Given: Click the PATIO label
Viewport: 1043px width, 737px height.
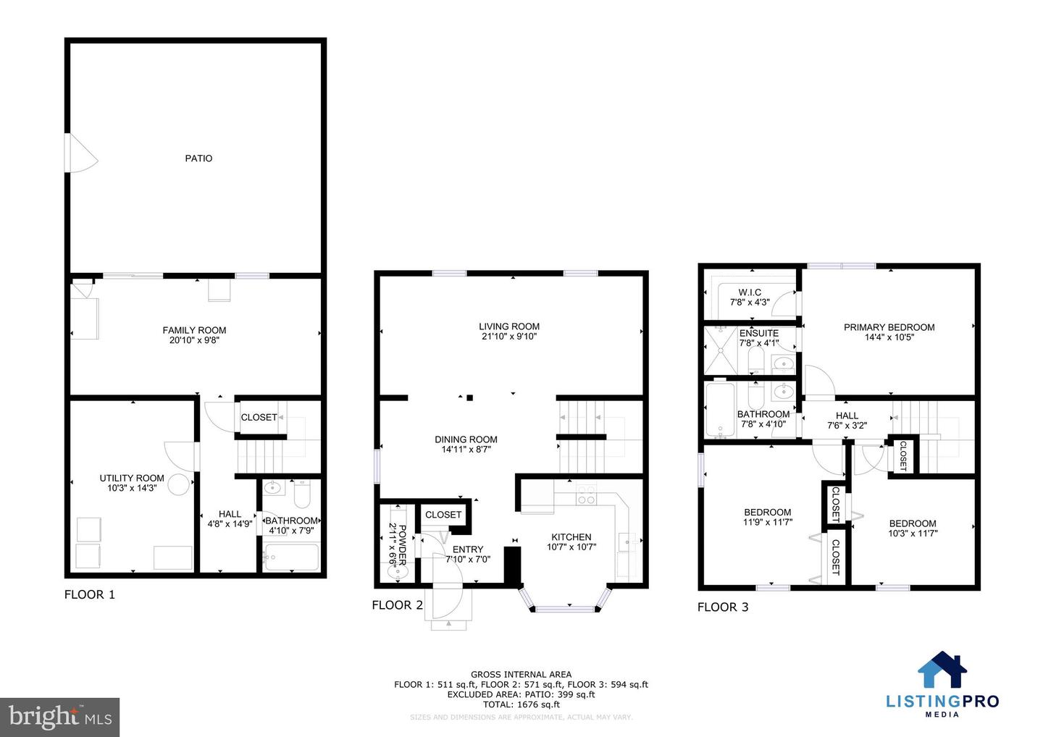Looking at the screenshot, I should pyautogui.click(x=198, y=159).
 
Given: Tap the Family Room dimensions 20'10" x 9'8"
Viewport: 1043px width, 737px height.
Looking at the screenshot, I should pyautogui.click(x=194, y=340).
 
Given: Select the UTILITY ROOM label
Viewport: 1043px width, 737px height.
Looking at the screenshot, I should pyautogui.click(x=132, y=478).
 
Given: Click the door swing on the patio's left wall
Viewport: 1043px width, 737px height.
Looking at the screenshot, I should pyautogui.click(x=81, y=153).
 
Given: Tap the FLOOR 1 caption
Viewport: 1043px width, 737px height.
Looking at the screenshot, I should pyautogui.click(x=90, y=594).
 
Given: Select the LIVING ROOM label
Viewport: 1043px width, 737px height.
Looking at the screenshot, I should pyautogui.click(x=509, y=327).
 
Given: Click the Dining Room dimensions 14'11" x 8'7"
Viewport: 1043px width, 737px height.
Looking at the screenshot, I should pyautogui.click(x=466, y=450).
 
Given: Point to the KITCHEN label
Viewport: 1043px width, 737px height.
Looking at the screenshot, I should pyautogui.click(x=571, y=537).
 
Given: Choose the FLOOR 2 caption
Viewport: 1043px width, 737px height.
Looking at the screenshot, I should pyautogui.click(x=397, y=605).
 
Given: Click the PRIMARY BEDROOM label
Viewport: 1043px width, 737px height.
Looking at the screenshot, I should pyautogui.click(x=889, y=327).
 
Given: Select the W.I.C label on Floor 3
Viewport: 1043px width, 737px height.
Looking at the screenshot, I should pyautogui.click(x=750, y=292).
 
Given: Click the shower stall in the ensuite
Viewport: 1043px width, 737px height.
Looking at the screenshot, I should pyautogui.click(x=720, y=350).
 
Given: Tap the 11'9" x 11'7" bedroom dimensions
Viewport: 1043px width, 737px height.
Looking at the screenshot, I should pyautogui.click(x=767, y=522).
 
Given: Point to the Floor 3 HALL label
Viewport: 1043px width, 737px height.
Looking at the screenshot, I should pyautogui.click(x=847, y=416).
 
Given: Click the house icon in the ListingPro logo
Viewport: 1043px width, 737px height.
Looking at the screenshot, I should pyautogui.click(x=942, y=670).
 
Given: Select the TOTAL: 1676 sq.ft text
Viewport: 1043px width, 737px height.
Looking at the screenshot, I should pyautogui.click(x=521, y=704).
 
